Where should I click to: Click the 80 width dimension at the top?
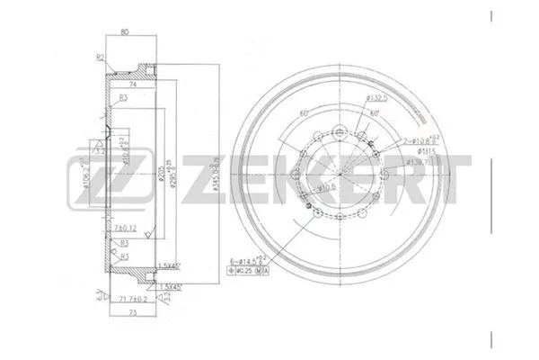[124, 31]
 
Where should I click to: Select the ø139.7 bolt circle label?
[415, 162]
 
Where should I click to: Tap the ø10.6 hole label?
[328, 187]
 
